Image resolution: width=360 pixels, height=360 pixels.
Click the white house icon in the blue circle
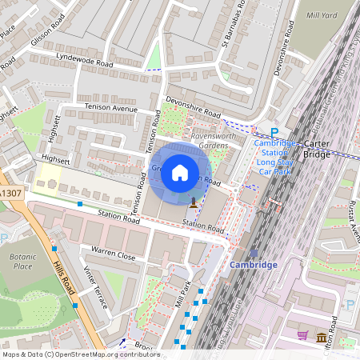point(180,172)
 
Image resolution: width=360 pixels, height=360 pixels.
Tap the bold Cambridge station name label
point(253,265)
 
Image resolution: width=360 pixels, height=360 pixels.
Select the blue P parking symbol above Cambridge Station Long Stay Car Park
point(274,134)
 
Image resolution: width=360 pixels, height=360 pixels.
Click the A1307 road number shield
point(10,194)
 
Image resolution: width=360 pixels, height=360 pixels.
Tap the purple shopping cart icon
point(302,336)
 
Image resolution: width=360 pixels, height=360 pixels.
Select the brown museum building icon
point(321,336)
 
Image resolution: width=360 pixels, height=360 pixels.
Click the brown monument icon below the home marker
point(194,202)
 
